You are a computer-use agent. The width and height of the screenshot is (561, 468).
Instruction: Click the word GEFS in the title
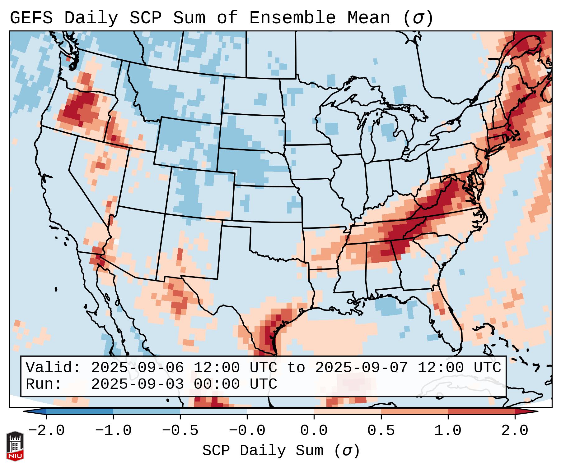tap(31, 18)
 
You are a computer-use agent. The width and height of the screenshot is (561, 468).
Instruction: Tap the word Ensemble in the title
tap(292, 18)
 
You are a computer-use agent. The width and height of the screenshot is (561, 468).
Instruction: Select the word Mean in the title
tap(368, 18)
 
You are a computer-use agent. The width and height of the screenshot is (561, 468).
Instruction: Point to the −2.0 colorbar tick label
tap(46, 431)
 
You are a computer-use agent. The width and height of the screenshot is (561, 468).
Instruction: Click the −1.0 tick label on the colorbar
tap(113, 431)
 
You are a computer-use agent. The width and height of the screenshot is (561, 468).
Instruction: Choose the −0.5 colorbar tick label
tap(180, 431)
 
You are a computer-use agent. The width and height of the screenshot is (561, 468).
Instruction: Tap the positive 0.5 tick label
tap(381, 431)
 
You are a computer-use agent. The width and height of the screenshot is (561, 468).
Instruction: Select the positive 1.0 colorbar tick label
tap(448, 431)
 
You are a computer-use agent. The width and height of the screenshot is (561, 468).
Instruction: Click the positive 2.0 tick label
tap(515, 431)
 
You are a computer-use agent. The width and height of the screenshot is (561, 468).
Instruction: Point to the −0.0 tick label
tap(247, 431)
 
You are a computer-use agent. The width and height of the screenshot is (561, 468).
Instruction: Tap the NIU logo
tap(15, 446)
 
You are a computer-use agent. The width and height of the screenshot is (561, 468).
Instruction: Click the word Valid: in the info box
tap(53, 368)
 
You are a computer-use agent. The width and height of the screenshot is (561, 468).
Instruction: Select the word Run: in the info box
tap(44, 384)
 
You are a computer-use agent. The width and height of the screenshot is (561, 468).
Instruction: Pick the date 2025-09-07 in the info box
tap(361, 368)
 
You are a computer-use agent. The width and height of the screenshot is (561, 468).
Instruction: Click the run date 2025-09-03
tap(137, 384)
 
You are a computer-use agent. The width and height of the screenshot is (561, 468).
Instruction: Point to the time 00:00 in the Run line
tap(217, 384)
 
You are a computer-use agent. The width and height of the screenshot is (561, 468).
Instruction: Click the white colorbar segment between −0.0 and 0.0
tap(280, 412)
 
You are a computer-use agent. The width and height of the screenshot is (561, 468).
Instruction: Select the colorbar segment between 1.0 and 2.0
tap(481, 412)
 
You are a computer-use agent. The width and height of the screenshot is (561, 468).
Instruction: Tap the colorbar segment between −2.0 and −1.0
tap(80, 412)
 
